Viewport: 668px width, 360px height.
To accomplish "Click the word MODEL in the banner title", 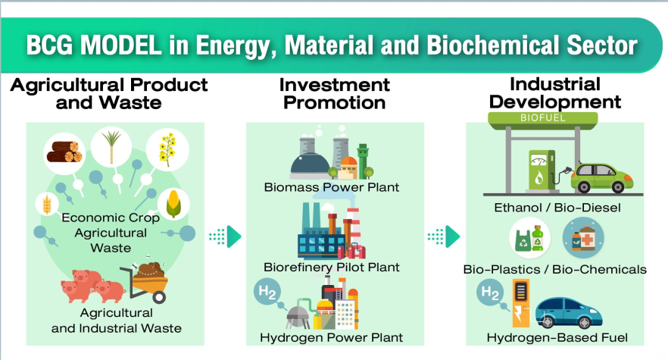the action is [121, 45].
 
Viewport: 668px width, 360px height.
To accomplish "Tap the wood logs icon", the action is [64, 152].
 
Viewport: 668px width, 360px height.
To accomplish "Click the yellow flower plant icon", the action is [167, 149].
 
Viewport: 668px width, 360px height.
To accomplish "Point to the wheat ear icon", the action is [47, 205].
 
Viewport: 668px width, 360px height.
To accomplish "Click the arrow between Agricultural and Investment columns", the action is [226, 236].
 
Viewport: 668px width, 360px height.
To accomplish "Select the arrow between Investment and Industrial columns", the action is [444, 236].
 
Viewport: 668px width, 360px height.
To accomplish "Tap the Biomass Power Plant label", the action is [332, 187].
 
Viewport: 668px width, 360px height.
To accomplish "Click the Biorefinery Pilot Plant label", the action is [332, 268].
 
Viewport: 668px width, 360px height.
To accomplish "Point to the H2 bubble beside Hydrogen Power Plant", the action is [267, 292].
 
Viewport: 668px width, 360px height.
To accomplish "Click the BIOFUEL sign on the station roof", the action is [543, 117].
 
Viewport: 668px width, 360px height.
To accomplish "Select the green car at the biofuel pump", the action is [602, 178].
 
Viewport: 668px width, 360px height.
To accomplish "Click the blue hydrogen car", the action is [569, 314].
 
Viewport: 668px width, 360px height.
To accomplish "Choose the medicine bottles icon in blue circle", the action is [583, 238].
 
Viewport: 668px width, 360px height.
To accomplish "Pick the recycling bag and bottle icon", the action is [530, 238].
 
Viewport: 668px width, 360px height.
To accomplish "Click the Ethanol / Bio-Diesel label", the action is [557, 208].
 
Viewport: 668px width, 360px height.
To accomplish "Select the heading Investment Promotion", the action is [335, 94].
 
